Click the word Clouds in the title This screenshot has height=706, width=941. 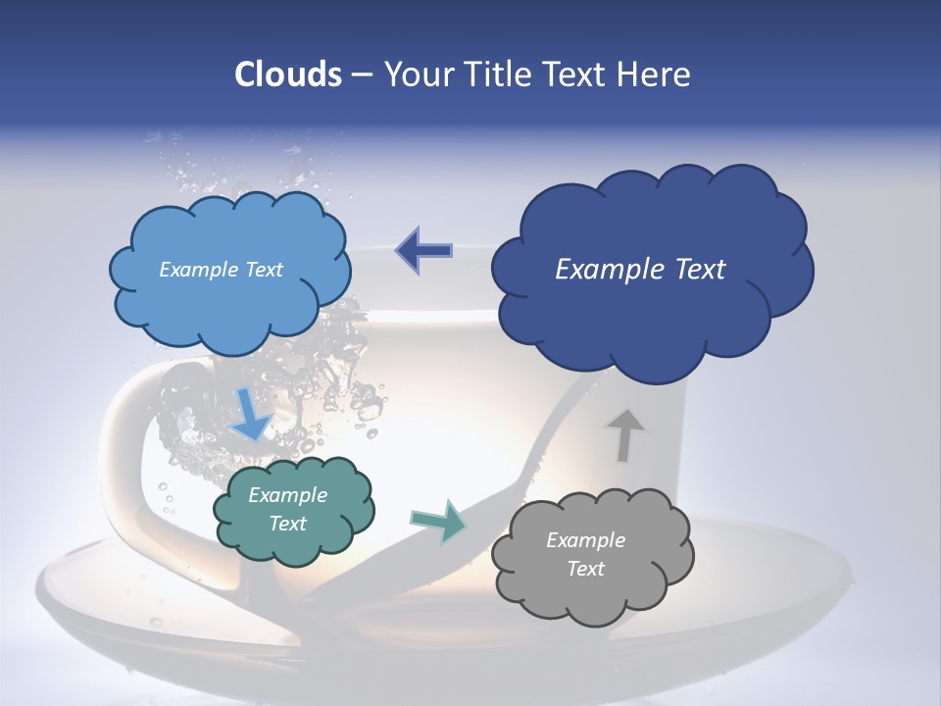pyautogui.click(x=288, y=75)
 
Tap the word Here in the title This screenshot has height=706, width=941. pyautogui.click(x=657, y=75)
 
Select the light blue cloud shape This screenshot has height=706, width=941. pyautogui.click(x=229, y=294)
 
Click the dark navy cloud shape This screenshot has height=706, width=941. pyautogui.click(x=651, y=314)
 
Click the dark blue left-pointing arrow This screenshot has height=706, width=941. pyautogui.click(x=423, y=250)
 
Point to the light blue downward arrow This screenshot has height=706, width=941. pyautogui.click(x=251, y=416)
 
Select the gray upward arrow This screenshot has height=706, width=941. pyautogui.click(x=623, y=434)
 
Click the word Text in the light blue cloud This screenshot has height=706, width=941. pyautogui.click(x=262, y=270)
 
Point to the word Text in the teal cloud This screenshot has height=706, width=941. pyautogui.click(x=288, y=524)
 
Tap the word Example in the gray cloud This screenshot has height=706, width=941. pyautogui.click(x=585, y=540)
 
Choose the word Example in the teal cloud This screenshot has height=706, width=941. pyautogui.click(x=288, y=495)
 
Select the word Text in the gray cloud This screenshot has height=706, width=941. pyautogui.click(x=585, y=569)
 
